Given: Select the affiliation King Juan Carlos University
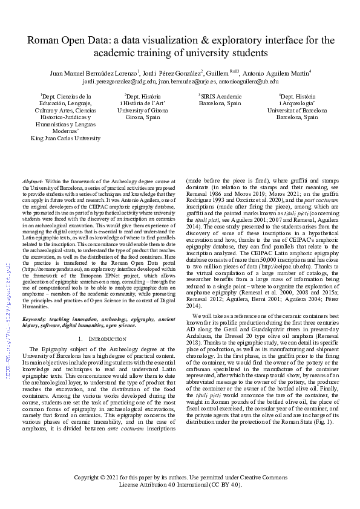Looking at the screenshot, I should tap(65, 138).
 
